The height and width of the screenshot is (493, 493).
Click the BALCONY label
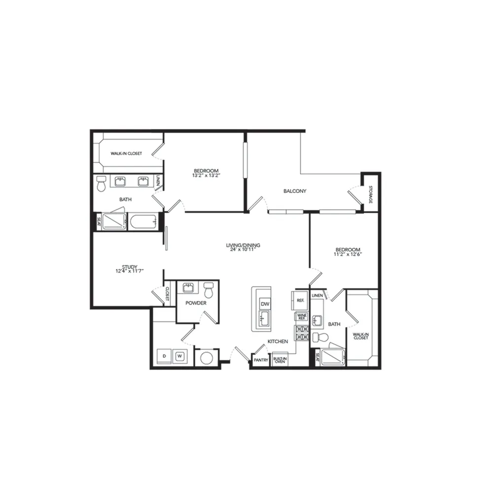pyautogui.click(x=295, y=191)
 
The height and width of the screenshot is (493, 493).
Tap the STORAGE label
pyautogui.click(x=370, y=194)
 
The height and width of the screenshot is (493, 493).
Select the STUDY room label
pyautogui.click(x=130, y=267)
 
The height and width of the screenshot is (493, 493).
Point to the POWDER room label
pyautogui.click(x=196, y=303)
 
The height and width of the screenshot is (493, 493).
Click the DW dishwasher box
pyautogui.click(x=265, y=304)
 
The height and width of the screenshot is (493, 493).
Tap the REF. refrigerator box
pyautogui.click(x=300, y=301)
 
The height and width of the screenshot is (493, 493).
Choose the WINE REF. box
pyautogui.click(x=302, y=317)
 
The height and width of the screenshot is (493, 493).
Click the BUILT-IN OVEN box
pyautogui.click(x=280, y=360)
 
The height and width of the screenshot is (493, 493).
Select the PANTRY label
pyautogui.click(x=261, y=360)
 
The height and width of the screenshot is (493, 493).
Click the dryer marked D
pyautogui.click(x=164, y=356)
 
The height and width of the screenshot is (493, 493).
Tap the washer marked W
pyautogui.click(x=180, y=356)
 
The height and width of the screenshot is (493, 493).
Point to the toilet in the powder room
pyautogui.click(x=209, y=290)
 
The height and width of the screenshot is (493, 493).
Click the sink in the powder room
pyautogui.click(x=188, y=287)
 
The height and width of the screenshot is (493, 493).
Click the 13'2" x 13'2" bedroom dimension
pyautogui.click(x=206, y=176)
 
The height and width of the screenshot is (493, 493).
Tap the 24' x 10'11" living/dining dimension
pyautogui.click(x=243, y=249)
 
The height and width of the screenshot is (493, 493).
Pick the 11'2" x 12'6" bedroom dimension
pyautogui.click(x=348, y=254)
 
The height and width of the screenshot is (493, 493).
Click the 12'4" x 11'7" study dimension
pyautogui.click(x=130, y=271)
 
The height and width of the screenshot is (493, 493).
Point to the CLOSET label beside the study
pyautogui.click(x=167, y=294)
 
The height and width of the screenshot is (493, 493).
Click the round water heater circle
pyautogui.click(x=207, y=358)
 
